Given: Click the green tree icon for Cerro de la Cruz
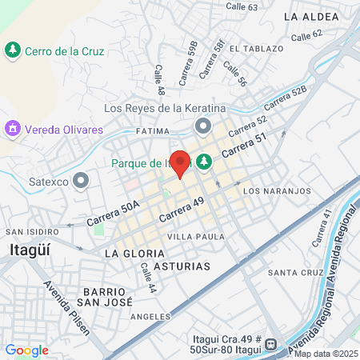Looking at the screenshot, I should click(13, 50).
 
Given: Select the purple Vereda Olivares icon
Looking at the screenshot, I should click(12, 128).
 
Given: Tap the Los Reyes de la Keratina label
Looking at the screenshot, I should click(166, 108).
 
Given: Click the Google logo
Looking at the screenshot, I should click(27, 350).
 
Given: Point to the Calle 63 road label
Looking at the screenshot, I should click(242, 7).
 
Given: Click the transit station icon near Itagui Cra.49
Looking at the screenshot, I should click(271, 345).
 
